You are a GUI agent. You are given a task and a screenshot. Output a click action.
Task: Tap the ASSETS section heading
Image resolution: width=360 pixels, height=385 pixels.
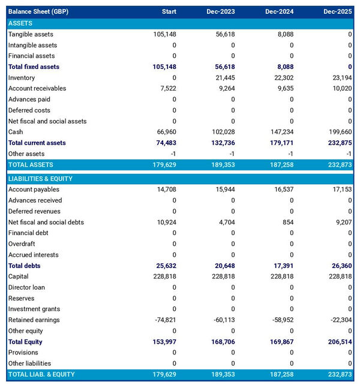[x=20, y=23]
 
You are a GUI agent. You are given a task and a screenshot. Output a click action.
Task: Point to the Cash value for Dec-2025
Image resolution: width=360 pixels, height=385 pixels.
[x=338, y=132]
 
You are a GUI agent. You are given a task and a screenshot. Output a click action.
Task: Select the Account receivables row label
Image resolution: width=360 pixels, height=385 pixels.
[x=37, y=89]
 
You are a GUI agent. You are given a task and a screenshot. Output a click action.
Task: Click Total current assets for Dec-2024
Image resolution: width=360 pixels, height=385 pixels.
[x=280, y=143]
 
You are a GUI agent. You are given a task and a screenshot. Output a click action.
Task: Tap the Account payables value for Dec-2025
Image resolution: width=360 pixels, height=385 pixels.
[x=340, y=190]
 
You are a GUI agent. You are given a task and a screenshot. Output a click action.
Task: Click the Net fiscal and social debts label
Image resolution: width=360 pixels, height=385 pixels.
[x=46, y=222]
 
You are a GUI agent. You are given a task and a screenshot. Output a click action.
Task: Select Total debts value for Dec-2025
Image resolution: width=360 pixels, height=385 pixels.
[x=340, y=266]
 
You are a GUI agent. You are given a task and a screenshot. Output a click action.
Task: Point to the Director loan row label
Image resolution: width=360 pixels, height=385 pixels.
[x=26, y=287]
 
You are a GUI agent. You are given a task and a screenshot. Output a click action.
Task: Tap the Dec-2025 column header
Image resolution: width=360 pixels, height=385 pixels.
[x=338, y=12]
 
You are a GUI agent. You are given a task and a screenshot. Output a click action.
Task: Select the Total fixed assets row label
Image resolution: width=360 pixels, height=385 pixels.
[x=34, y=67]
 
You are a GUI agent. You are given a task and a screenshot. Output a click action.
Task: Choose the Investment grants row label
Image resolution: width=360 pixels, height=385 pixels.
[x=34, y=309]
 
